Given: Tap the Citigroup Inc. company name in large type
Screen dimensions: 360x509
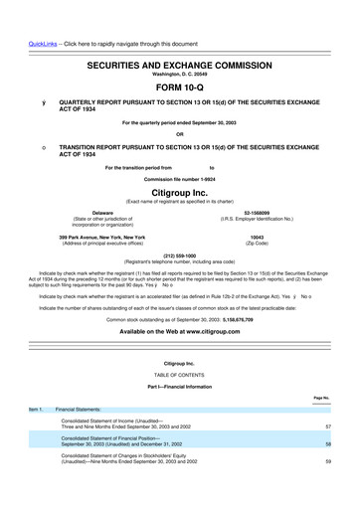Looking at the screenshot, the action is (x=179, y=194).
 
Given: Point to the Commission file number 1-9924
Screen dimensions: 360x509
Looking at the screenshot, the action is (x=179, y=179).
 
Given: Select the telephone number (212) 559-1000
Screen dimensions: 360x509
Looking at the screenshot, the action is (x=179, y=253).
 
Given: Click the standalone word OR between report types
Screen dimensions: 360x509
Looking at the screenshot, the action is (x=179, y=135).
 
